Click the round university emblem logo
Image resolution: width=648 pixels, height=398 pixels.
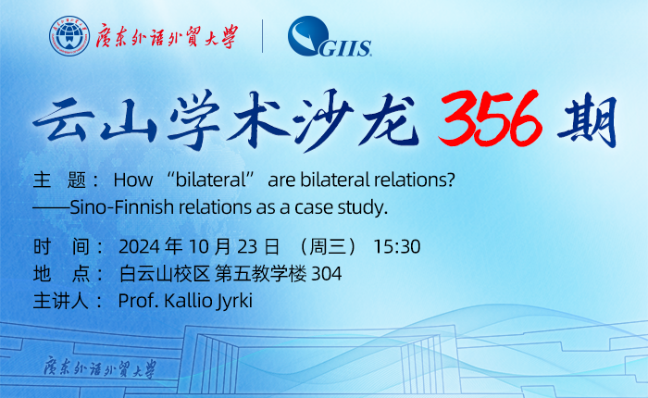click(69, 36)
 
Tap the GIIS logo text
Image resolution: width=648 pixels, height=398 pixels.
click(345, 48)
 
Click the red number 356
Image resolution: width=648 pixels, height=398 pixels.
click(490, 118)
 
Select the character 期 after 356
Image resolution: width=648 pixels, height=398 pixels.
click(587, 120)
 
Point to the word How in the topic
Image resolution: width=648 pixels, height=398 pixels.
click(133, 180)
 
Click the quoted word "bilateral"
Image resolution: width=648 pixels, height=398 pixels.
click(211, 180)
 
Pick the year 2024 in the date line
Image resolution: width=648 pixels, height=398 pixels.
click(139, 247)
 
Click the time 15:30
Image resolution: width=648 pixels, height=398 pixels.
click(397, 247)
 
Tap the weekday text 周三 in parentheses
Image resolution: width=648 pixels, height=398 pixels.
click(327, 247)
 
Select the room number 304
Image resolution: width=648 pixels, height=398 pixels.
click(327, 274)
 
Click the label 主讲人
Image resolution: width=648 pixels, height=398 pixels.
click(60, 301)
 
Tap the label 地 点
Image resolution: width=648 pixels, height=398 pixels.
click(62, 274)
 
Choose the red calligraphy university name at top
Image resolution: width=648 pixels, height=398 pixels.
click(168, 37)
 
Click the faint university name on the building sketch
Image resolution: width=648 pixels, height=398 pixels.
click(100, 367)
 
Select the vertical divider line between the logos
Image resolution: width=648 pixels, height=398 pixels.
click(262, 36)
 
